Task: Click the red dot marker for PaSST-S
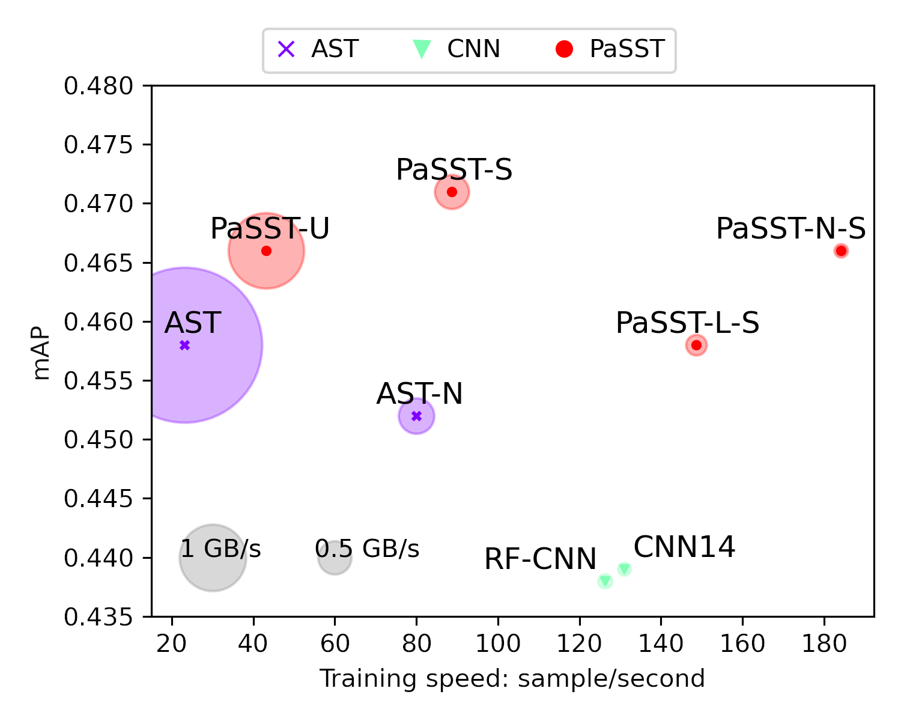452,192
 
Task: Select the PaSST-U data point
266,251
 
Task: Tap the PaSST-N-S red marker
841,251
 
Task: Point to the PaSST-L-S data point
696,345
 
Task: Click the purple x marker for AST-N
416,416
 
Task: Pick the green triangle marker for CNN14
624,569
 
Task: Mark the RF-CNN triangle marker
605,581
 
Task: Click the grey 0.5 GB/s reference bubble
335,558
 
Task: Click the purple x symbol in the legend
286,49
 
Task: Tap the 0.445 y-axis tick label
99,499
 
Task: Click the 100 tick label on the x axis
498,643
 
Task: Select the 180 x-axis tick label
824,643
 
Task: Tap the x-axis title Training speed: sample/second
512,678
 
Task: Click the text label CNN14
684,547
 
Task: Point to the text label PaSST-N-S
790,229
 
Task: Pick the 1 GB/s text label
220,549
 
